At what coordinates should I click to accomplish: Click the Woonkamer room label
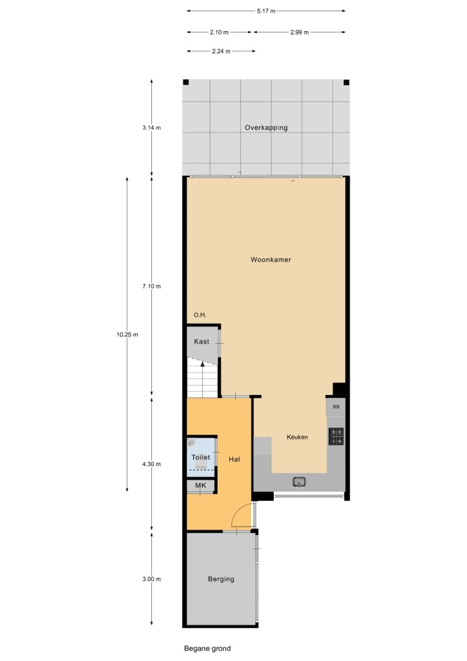click(x=270, y=260)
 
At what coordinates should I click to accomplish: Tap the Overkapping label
click(x=266, y=128)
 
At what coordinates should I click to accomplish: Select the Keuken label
click(x=297, y=437)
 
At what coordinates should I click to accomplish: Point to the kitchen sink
click(x=299, y=482)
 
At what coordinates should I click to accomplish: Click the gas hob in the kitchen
click(x=336, y=437)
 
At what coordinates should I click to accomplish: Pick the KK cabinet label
click(x=336, y=407)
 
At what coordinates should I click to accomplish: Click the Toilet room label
click(x=200, y=458)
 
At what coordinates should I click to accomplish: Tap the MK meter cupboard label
click(x=200, y=485)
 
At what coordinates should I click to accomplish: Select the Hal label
click(x=234, y=459)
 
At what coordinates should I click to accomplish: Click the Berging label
click(x=221, y=579)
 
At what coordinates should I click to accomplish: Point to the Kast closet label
click(x=201, y=342)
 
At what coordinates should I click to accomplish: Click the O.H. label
click(x=200, y=315)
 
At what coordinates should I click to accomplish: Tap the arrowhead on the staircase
click(x=202, y=364)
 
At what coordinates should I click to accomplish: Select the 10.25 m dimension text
click(x=127, y=334)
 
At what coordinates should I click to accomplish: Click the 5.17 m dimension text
click(x=266, y=11)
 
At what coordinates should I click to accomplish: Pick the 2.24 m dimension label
click(x=221, y=51)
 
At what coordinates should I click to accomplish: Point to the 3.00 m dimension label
click(x=152, y=579)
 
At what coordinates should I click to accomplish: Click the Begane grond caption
click(x=207, y=648)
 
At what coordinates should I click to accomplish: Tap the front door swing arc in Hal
click(x=239, y=510)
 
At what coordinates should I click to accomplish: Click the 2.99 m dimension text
click(x=299, y=33)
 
